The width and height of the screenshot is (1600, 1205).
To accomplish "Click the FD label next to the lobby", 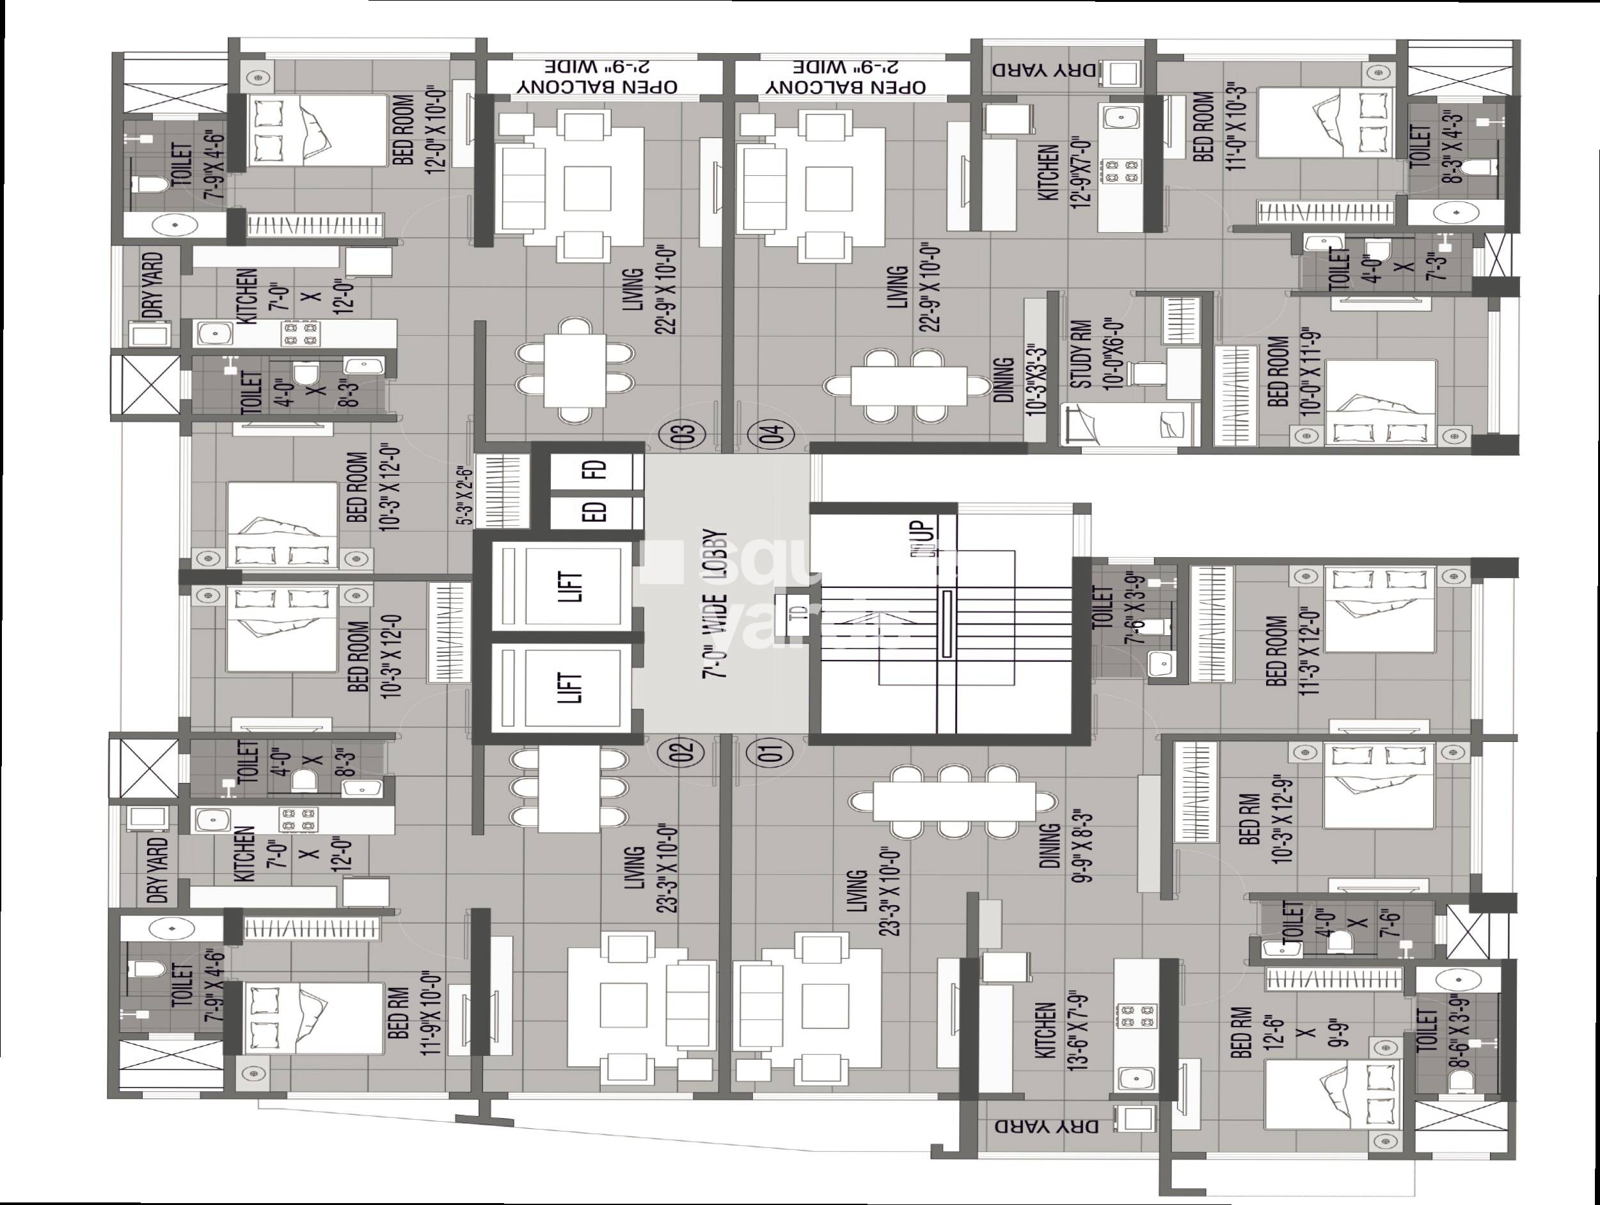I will [x=598, y=470].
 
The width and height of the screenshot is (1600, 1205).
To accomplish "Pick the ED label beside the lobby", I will [x=598, y=512].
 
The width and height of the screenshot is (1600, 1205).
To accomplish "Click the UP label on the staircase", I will [x=926, y=535].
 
